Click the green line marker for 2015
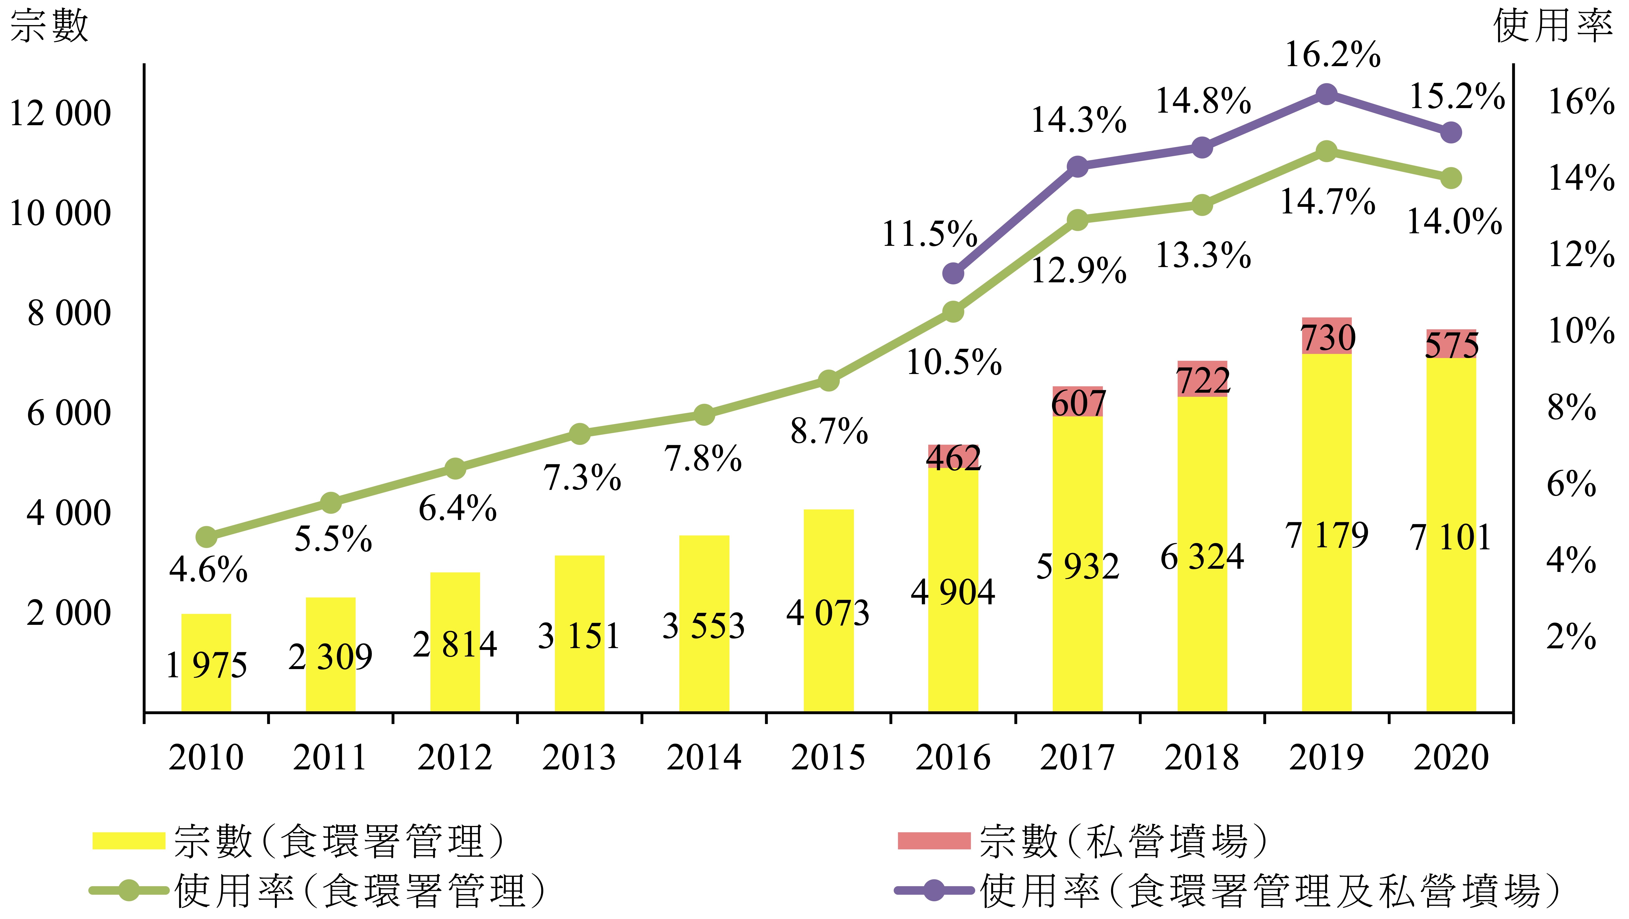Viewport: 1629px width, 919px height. coord(828,381)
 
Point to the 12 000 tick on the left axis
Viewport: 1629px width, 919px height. coord(60,114)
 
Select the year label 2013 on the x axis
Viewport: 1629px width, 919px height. coord(579,757)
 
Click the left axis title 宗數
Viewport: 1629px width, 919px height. coord(49,26)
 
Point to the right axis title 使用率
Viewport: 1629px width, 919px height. coord(1552,26)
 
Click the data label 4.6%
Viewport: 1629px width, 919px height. coord(208,570)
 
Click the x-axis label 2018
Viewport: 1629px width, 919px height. coord(1202,757)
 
